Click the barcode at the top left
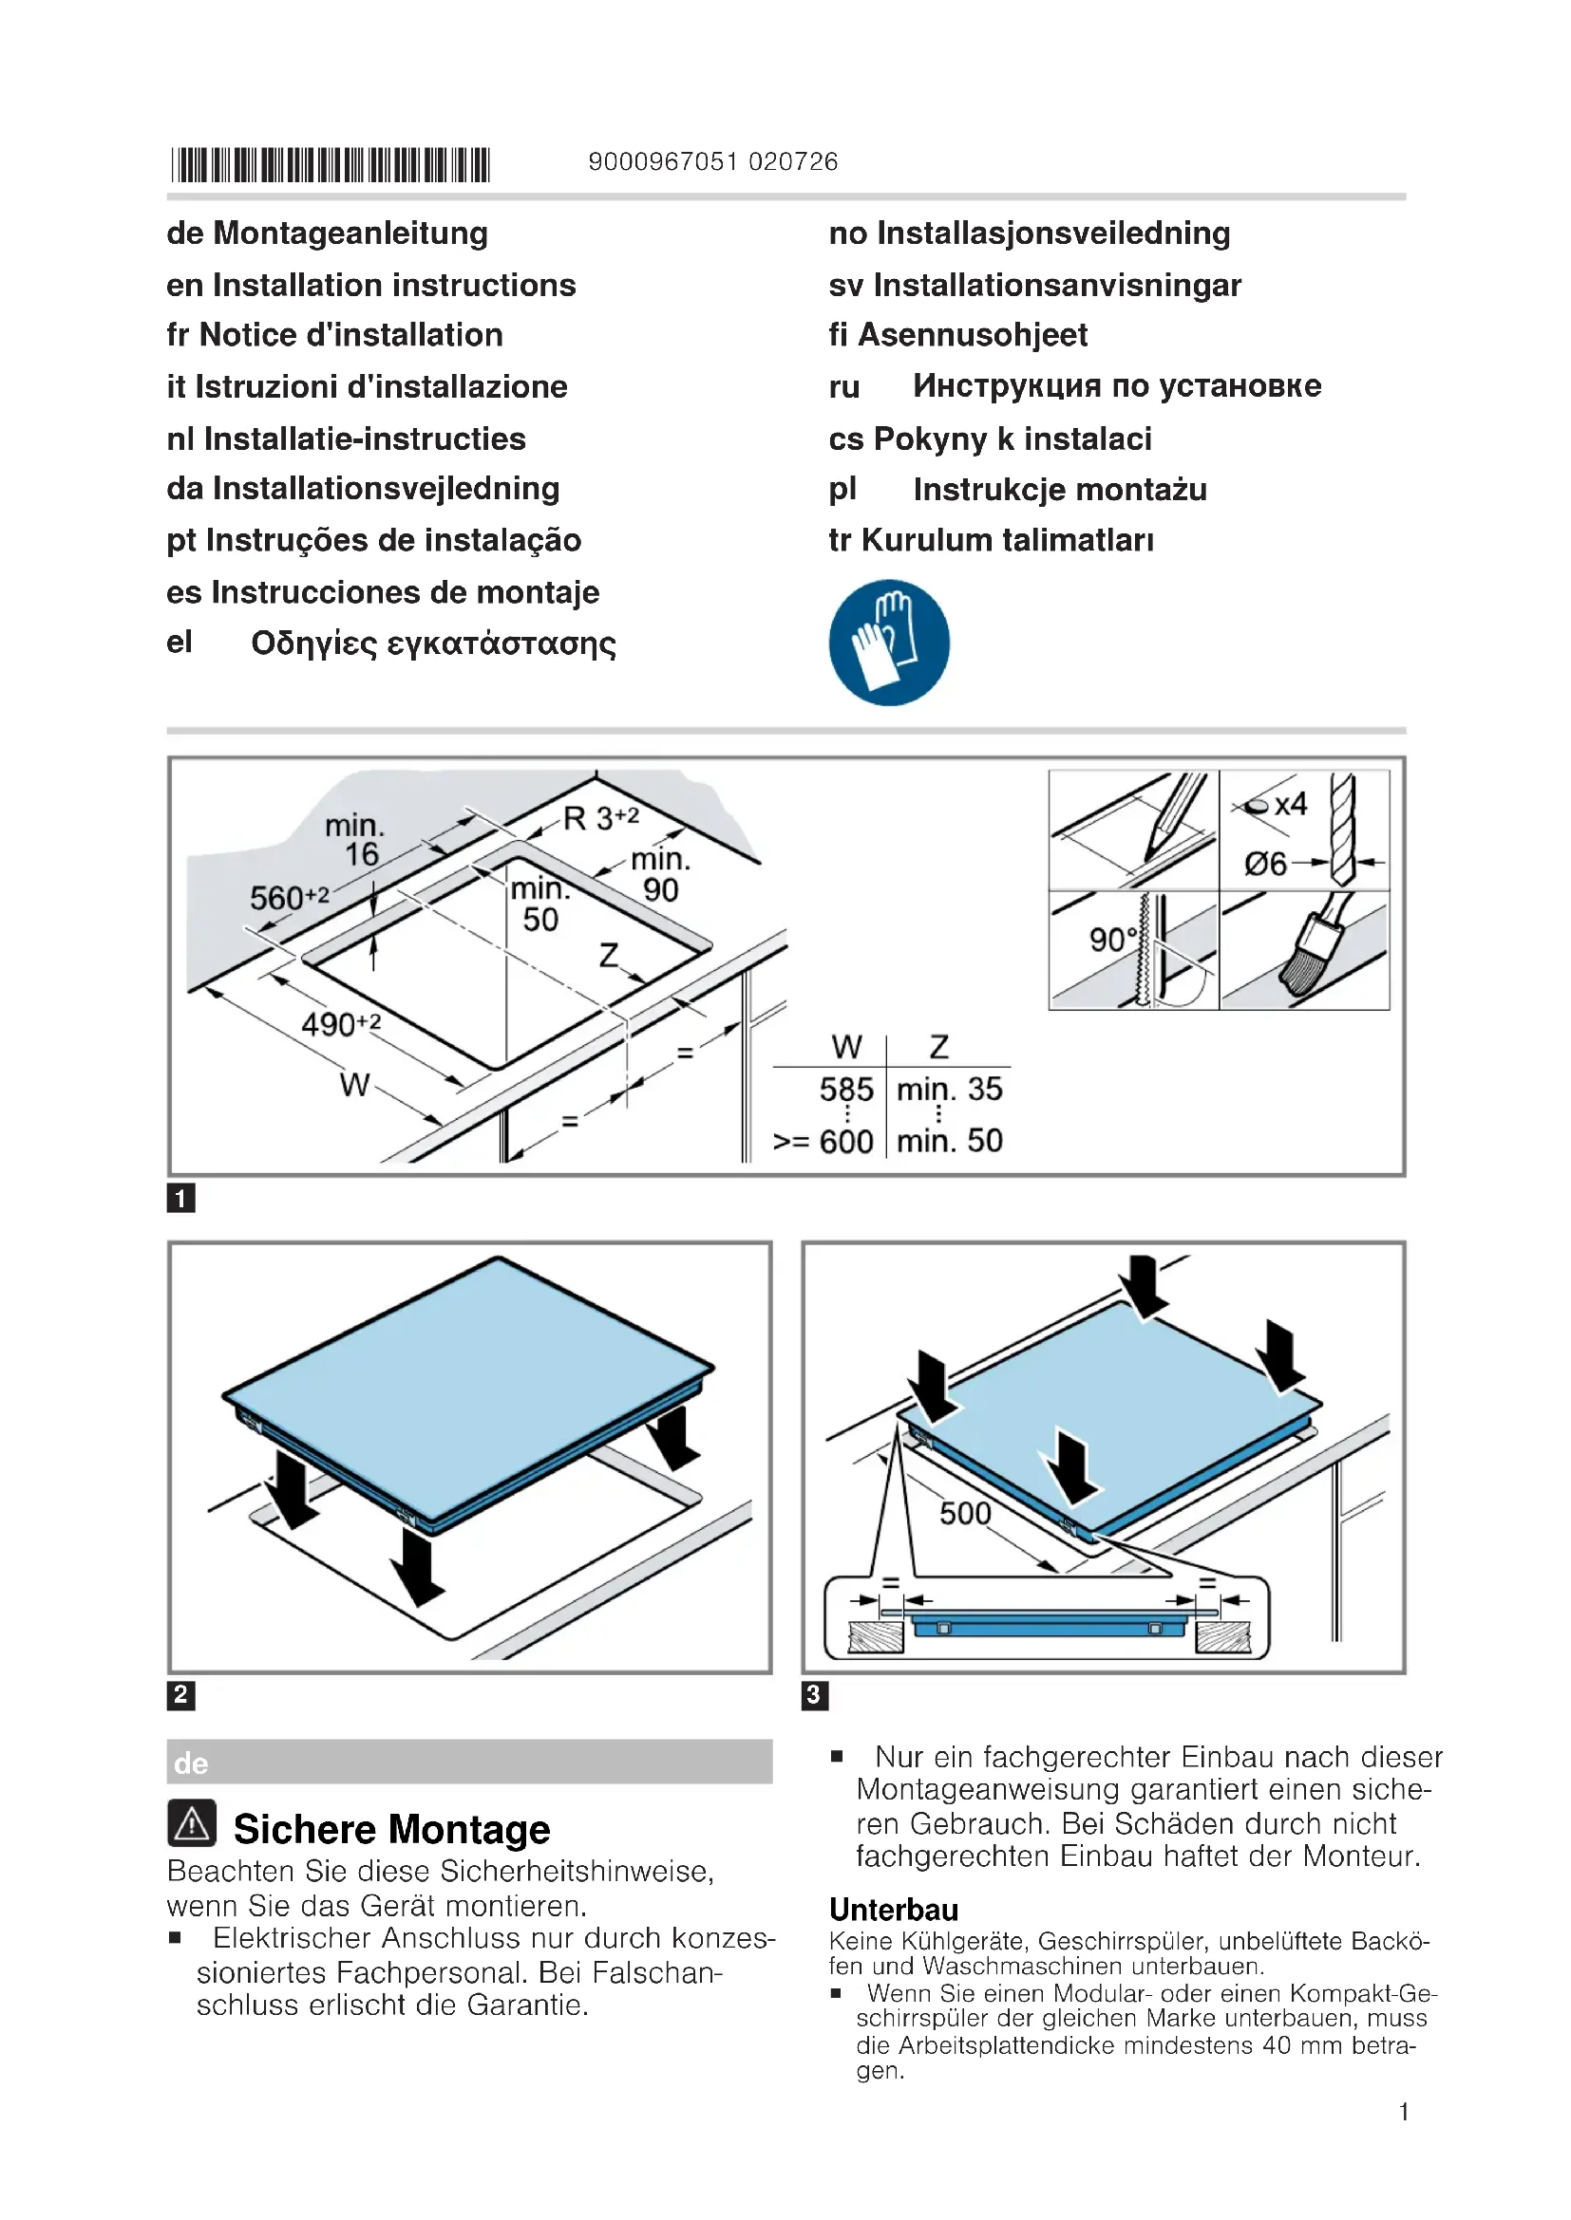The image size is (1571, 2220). coord(330,164)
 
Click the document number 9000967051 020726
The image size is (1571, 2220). coord(712,161)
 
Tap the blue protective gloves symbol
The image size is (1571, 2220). coord(888,642)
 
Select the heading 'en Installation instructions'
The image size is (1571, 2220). coord(370,286)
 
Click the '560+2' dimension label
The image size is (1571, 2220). coord(289,897)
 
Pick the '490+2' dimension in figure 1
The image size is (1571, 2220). coord(341,1024)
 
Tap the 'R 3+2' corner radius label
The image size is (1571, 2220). coord(599,818)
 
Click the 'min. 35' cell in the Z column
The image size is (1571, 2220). coord(948,1090)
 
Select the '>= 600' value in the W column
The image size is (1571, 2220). coord(823,1142)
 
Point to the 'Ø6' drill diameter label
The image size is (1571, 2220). coord(1265,864)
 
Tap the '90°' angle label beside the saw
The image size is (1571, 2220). coord(1112,939)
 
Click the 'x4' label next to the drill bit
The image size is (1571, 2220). coord(1291,805)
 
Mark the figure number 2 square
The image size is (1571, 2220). coord(180,1695)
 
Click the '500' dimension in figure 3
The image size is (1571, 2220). coord(964,1513)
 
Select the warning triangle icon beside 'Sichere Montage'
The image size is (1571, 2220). coord(192,1823)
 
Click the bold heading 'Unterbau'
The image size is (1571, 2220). coord(893,1910)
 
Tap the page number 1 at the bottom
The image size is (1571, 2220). coord(1403,2112)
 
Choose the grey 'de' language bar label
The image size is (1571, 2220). coord(192,1763)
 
